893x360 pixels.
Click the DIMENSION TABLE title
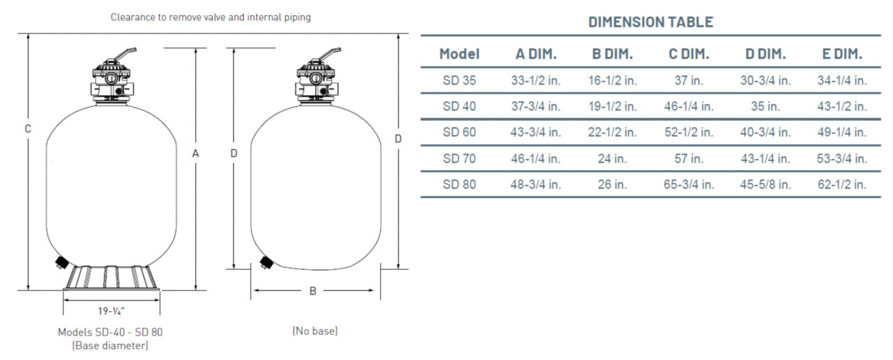coord(650,22)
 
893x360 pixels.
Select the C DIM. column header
coord(689,54)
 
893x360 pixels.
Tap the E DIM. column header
coord(841,54)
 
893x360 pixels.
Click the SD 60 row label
coord(459,133)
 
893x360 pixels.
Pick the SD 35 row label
coord(459,80)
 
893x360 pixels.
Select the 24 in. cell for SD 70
coord(612,158)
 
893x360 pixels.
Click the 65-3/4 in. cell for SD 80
coord(689,185)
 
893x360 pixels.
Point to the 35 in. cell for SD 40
coord(765,107)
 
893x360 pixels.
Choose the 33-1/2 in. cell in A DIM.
coord(535,80)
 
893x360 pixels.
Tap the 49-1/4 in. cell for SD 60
coord(841,133)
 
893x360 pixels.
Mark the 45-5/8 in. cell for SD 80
coord(765,185)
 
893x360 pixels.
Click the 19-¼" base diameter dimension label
coord(111,311)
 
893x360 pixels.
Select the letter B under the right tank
coord(313,291)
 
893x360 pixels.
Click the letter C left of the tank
coord(28,128)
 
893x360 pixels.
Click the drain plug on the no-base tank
coord(266,262)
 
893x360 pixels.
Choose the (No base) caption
coord(315,331)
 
